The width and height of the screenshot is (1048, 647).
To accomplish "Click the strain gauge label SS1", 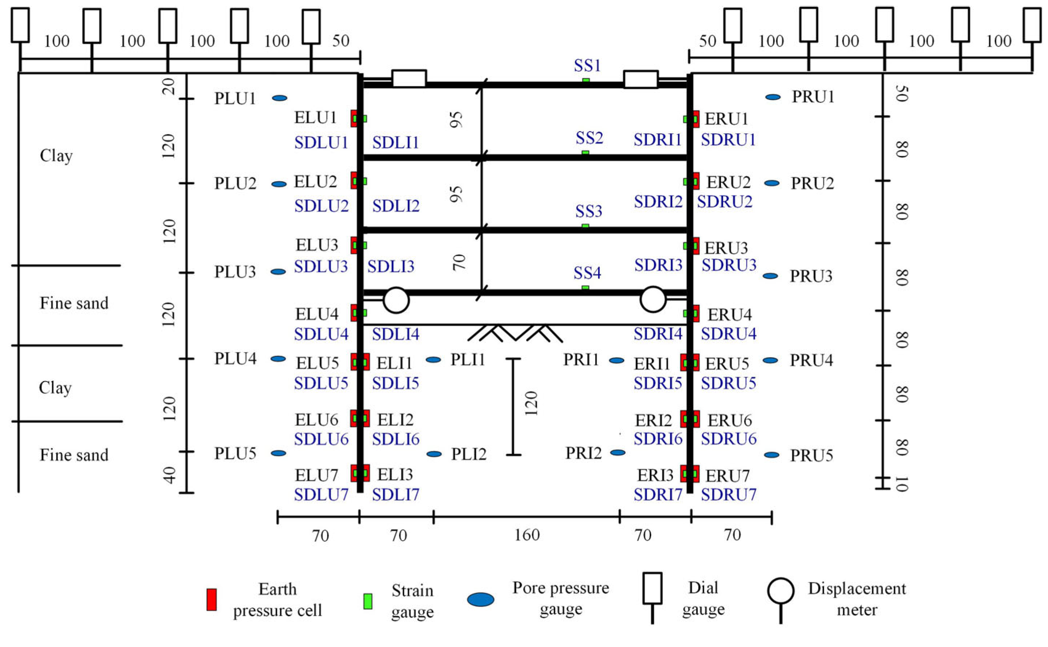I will pos(587,66).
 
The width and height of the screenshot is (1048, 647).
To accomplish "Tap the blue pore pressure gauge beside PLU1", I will pos(279,98).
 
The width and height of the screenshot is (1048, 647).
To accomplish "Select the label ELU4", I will pos(316,315).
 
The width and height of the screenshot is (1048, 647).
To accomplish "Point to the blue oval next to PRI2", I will pos(617,453).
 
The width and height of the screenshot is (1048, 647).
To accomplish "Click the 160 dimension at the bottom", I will pos(527,535).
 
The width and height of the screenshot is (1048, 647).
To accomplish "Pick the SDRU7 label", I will pos(728,495).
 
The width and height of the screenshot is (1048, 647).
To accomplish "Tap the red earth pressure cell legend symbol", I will pos(211,599).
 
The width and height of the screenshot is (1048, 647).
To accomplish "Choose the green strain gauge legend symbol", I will pos(367,601).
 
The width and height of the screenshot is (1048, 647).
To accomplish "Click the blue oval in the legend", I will pos(480,599).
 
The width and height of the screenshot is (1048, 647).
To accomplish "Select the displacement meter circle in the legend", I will pos(781,591).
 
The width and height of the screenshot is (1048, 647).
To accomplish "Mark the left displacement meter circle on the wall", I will pos(396,300).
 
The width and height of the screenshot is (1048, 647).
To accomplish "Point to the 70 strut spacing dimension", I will pos(458,262).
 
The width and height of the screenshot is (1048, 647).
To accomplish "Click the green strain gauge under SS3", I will pos(585,226).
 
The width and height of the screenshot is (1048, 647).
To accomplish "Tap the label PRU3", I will pos(811,276).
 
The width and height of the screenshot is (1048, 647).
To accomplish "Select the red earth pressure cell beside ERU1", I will pos(695,119).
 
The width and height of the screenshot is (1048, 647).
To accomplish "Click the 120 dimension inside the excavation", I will pos(531,403).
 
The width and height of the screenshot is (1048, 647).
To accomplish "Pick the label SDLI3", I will pos(391,267).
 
